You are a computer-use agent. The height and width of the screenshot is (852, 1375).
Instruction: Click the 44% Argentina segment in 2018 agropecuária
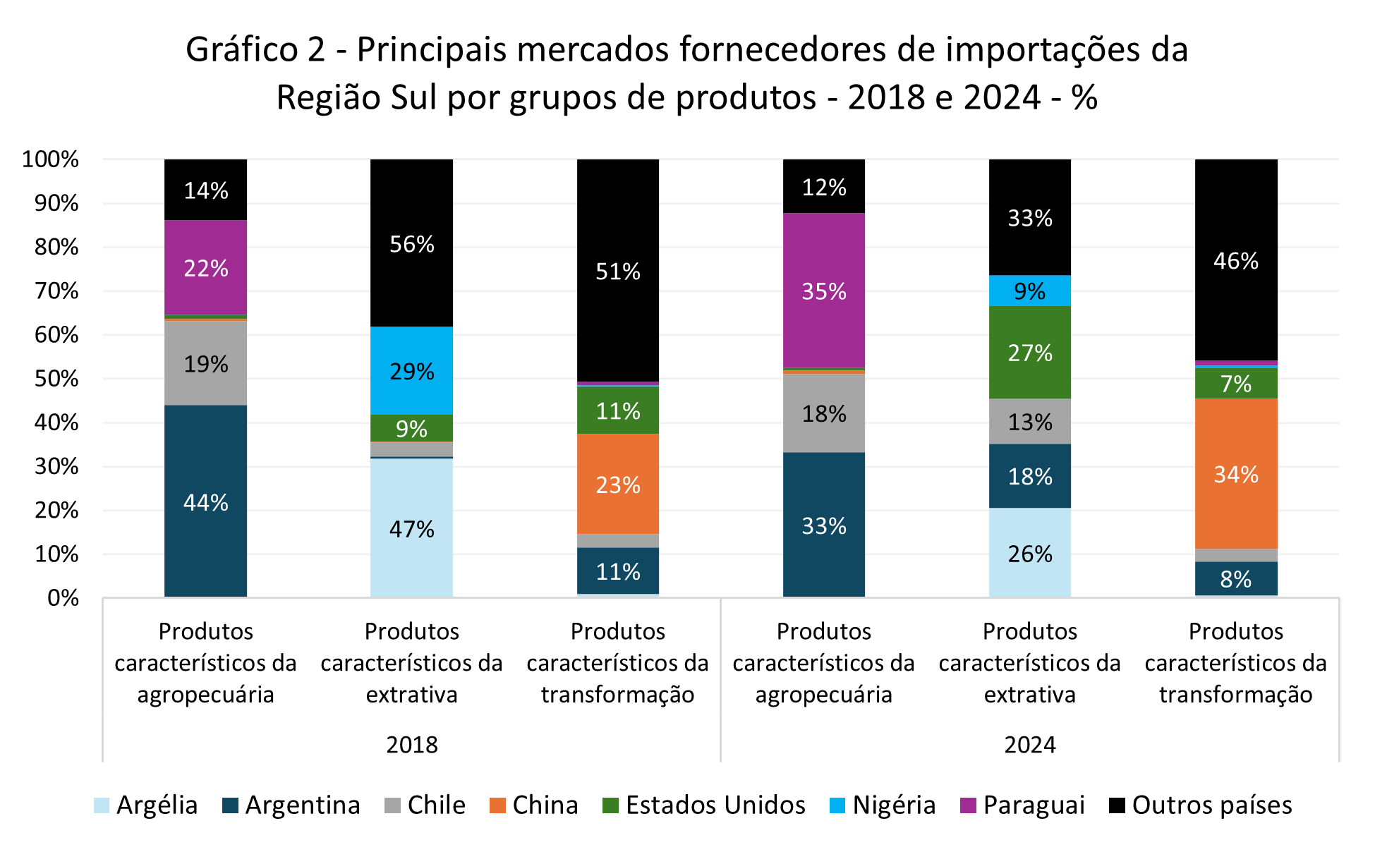(205, 501)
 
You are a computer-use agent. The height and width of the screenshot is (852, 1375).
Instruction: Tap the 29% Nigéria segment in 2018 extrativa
(411, 370)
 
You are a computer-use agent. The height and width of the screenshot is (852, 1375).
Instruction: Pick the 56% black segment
(411, 243)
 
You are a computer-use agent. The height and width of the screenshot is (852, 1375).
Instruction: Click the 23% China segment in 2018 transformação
(617, 484)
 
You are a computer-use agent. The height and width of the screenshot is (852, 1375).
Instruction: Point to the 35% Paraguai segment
(823, 291)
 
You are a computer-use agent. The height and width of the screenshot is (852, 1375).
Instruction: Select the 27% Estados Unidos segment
(1029, 352)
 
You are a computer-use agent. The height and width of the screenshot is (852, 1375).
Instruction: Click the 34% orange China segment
(1235, 473)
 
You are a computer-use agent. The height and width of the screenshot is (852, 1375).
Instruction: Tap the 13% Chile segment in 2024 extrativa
(1029, 421)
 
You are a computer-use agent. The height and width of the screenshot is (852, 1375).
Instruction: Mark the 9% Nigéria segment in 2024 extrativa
(1029, 291)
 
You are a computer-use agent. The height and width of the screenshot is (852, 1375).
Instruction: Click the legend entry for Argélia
(146, 805)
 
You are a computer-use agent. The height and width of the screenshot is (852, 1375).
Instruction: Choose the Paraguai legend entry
(1023, 805)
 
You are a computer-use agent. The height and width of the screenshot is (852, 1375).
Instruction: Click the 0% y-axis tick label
(63, 598)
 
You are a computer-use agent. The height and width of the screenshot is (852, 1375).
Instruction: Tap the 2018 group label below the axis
(411, 744)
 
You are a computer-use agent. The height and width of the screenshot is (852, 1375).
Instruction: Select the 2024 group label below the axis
(1029, 744)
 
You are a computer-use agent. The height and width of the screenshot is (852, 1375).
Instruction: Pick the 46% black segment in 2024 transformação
(1235, 260)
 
